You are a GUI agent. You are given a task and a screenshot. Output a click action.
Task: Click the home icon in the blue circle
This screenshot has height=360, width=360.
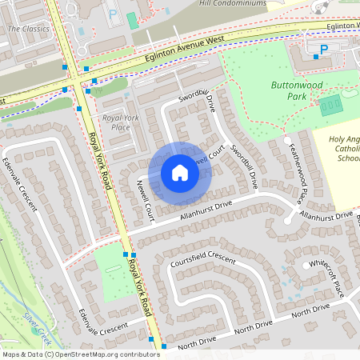180,173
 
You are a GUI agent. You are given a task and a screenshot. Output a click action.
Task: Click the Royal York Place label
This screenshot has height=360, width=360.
122,122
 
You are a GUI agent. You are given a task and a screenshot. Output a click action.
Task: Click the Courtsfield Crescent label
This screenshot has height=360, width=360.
202,261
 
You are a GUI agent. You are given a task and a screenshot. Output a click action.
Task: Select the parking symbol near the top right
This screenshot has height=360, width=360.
324,50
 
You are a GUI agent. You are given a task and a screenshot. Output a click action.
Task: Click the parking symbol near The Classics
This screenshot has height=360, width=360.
112,14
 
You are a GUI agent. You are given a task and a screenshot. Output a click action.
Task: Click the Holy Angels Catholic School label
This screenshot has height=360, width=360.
346,148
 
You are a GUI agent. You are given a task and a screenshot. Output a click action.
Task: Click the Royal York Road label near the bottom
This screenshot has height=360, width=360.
142,286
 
